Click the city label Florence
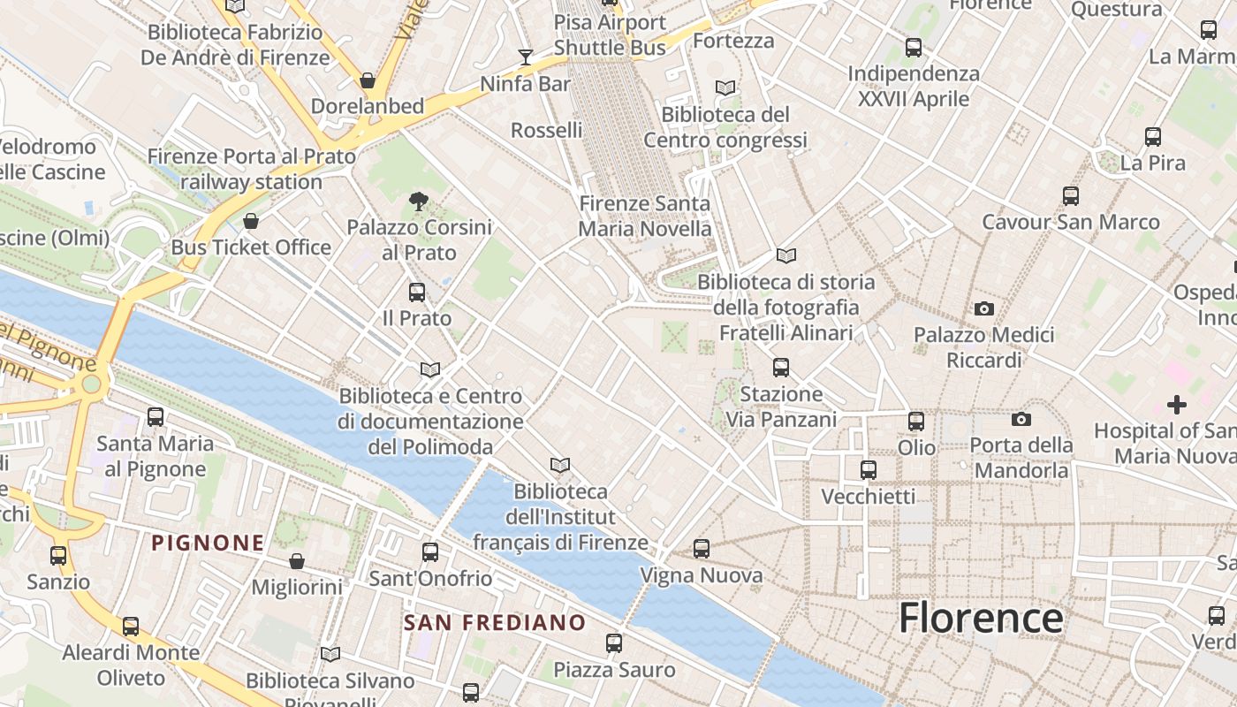(981, 618)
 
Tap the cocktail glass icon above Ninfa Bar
(526, 57)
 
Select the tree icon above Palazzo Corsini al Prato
(419, 201)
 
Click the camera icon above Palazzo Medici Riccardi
(983, 308)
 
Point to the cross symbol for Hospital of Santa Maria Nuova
(1176, 405)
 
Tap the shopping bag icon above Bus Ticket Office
(251, 220)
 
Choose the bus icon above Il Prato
(417, 292)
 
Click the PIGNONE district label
(208, 543)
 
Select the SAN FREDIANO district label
(495, 622)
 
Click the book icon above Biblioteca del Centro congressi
(725, 87)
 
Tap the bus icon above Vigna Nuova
(702, 549)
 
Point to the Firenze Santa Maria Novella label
(644, 217)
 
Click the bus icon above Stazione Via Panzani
(781, 367)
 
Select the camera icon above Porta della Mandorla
(1021, 419)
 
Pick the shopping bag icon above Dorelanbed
(368, 80)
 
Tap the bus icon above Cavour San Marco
(1071, 195)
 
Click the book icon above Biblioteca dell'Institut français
(559, 465)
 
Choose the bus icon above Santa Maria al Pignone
(156, 416)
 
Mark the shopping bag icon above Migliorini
(297, 561)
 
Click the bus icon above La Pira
(1153, 137)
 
